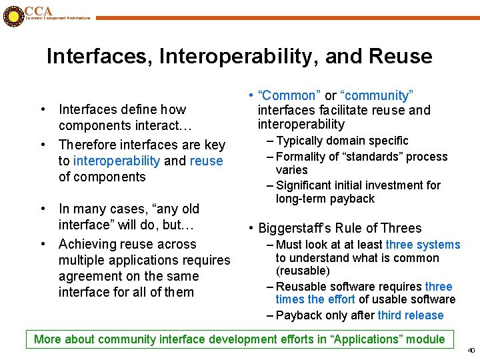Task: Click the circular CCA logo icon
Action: (12, 15)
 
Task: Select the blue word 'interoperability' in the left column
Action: (117, 161)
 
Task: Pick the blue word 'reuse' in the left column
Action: (206, 161)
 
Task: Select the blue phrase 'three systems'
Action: (423, 245)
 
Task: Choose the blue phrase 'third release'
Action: (410, 315)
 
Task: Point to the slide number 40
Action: (471, 350)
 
